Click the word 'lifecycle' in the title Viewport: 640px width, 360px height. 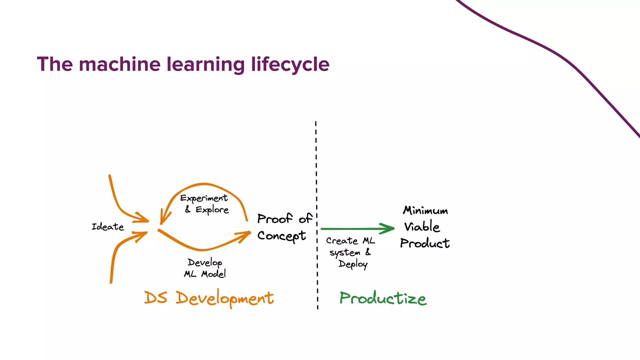(x=290, y=64)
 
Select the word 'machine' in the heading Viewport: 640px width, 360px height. (x=120, y=64)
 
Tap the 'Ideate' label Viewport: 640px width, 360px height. (x=108, y=227)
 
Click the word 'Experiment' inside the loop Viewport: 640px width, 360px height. (x=204, y=198)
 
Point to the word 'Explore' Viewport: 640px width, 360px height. (x=212, y=210)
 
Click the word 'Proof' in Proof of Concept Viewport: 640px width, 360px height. (x=275, y=219)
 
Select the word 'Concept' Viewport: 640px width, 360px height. (x=282, y=236)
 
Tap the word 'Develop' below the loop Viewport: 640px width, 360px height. (x=205, y=262)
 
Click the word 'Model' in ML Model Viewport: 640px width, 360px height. (x=213, y=274)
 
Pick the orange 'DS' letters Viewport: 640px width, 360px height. (x=156, y=297)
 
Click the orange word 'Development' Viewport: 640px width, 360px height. (x=225, y=298)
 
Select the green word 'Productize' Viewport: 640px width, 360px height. (x=383, y=298)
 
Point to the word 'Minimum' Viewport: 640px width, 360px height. (x=425, y=210)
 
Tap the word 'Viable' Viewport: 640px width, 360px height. (x=422, y=226)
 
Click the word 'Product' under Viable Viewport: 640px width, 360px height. (x=425, y=243)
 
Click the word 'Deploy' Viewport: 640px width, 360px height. (x=353, y=264)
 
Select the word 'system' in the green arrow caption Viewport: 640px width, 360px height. (x=345, y=252)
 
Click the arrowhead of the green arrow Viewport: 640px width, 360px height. (x=389, y=228)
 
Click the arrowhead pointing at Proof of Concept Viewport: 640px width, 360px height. (x=245, y=235)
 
